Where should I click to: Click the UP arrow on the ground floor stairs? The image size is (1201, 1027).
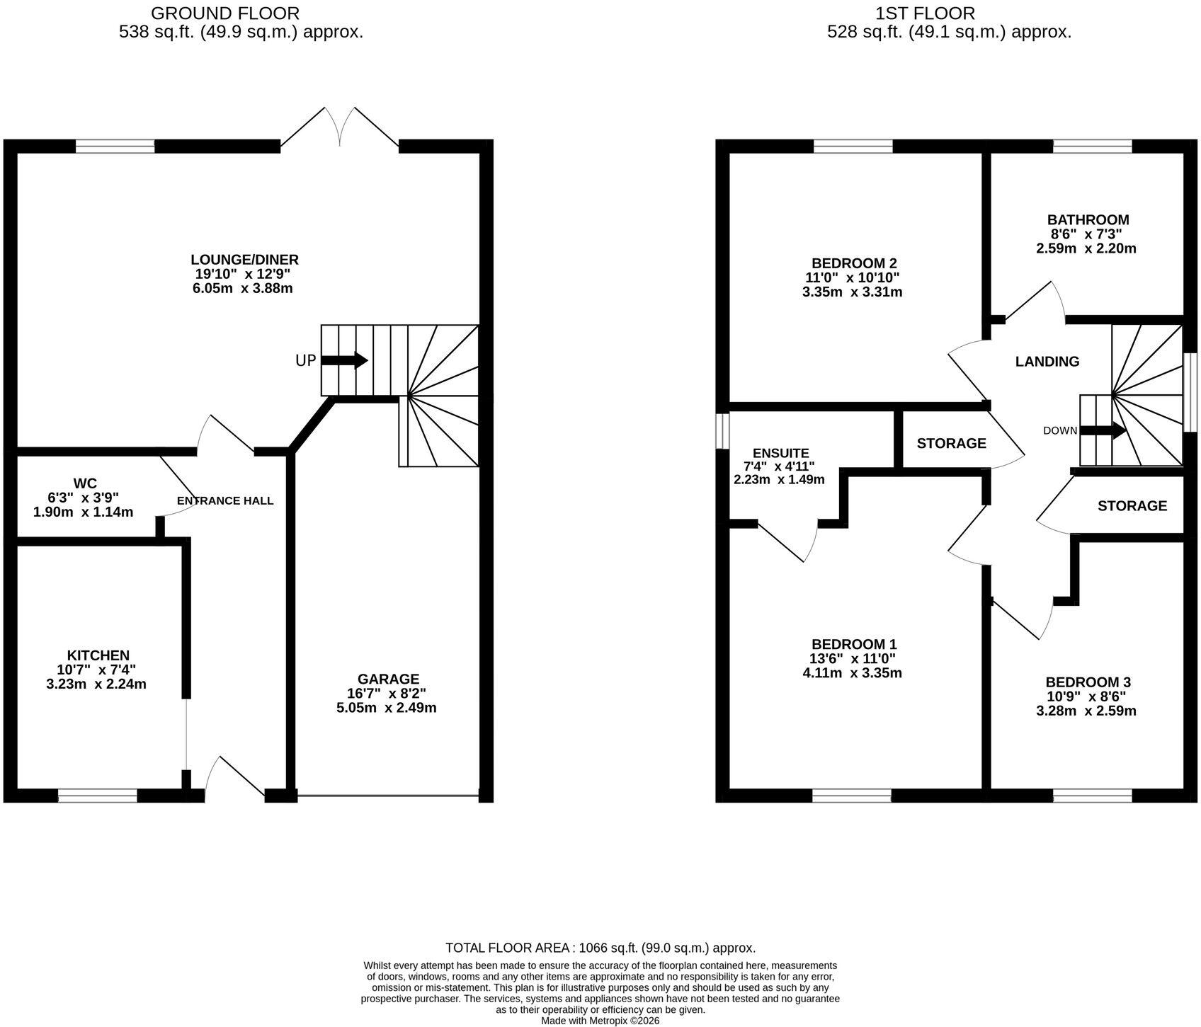(344, 360)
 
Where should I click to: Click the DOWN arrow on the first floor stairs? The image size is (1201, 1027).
(1103, 430)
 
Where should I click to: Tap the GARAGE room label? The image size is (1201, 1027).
(388, 679)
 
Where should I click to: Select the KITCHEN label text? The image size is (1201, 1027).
(98, 655)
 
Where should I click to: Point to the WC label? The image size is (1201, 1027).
(85, 483)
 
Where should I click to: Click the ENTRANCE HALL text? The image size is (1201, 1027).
(225, 501)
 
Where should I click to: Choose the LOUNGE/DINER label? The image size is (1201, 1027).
(244, 260)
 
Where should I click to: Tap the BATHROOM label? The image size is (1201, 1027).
(1088, 219)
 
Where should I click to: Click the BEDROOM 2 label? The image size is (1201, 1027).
(854, 263)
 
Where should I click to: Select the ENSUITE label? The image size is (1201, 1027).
(781, 453)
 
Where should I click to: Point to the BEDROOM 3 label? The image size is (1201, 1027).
(1088, 682)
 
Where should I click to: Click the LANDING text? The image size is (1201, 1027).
(1047, 362)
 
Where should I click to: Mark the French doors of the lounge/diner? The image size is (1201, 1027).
(340, 128)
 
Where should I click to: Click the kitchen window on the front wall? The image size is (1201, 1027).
(97, 796)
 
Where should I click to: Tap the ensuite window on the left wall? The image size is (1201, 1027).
(722, 431)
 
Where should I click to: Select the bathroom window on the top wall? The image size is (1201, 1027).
(1092, 147)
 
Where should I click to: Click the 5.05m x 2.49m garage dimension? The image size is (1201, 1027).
(387, 707)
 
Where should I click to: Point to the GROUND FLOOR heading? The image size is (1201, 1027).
(225, 13)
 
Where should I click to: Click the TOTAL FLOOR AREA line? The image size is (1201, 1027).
(600, 948)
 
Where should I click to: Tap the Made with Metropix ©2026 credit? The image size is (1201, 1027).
(600, 1021)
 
